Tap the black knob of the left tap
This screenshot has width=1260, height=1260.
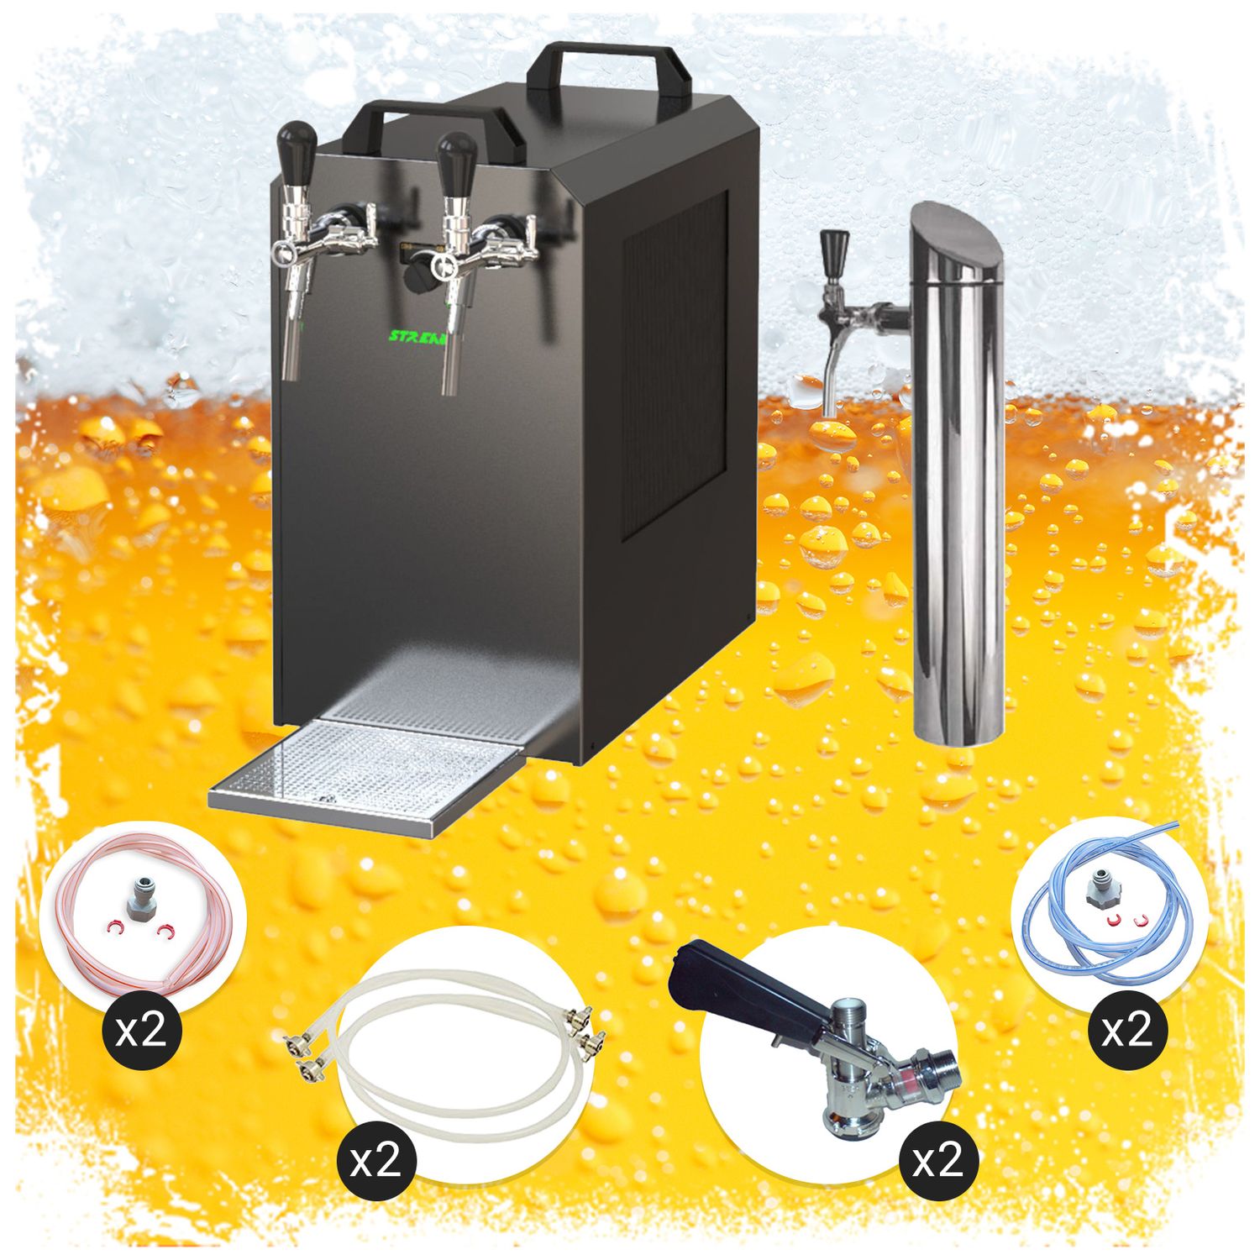296,148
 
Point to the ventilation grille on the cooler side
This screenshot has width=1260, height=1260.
675,361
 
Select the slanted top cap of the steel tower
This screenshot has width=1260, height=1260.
958,244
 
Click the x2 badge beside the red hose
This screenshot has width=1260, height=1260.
141,1030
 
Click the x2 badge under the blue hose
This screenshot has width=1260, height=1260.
1126,1030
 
